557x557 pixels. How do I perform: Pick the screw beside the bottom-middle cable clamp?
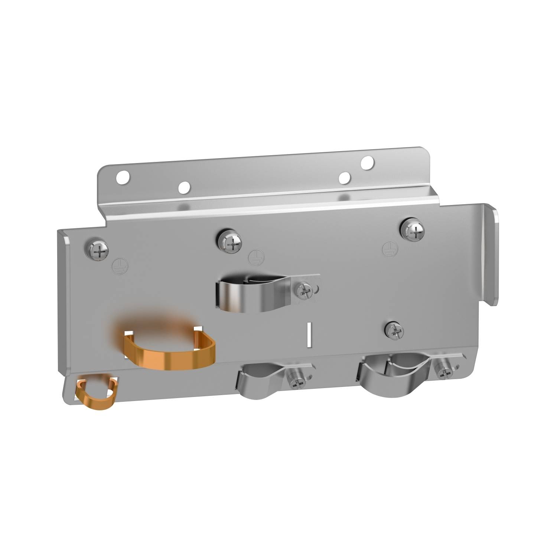tap(297, 380)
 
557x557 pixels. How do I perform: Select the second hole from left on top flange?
tap(183, 188)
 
